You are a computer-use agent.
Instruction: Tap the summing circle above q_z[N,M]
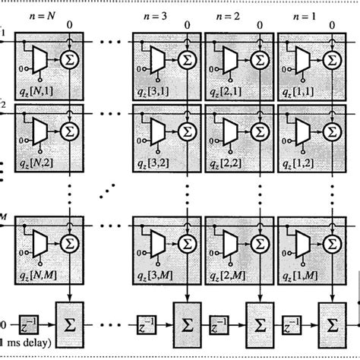pos(69,245)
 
